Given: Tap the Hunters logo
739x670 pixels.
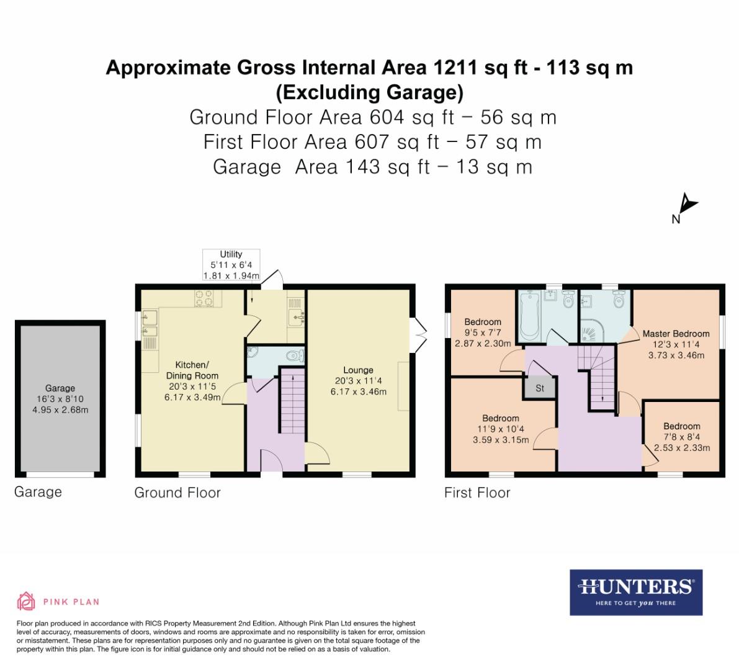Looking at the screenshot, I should (635, 592).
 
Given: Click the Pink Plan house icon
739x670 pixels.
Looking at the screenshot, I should (26, 601).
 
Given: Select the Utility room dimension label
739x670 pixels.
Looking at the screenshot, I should (231, 265).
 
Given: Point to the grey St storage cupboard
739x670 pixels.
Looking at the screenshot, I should (539, 388).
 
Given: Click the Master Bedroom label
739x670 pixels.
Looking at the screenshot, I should (676, 344).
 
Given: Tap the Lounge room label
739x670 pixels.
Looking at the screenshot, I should (358, 380).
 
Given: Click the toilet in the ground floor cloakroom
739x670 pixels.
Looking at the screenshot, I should (294, 356).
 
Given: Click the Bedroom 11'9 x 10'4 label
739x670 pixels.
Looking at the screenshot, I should (501, 429).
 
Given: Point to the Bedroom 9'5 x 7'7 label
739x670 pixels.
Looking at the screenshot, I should (483, 333).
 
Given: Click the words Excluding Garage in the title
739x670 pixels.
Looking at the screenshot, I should (369, 92).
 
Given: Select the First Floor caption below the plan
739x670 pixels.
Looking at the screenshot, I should (477, 493).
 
